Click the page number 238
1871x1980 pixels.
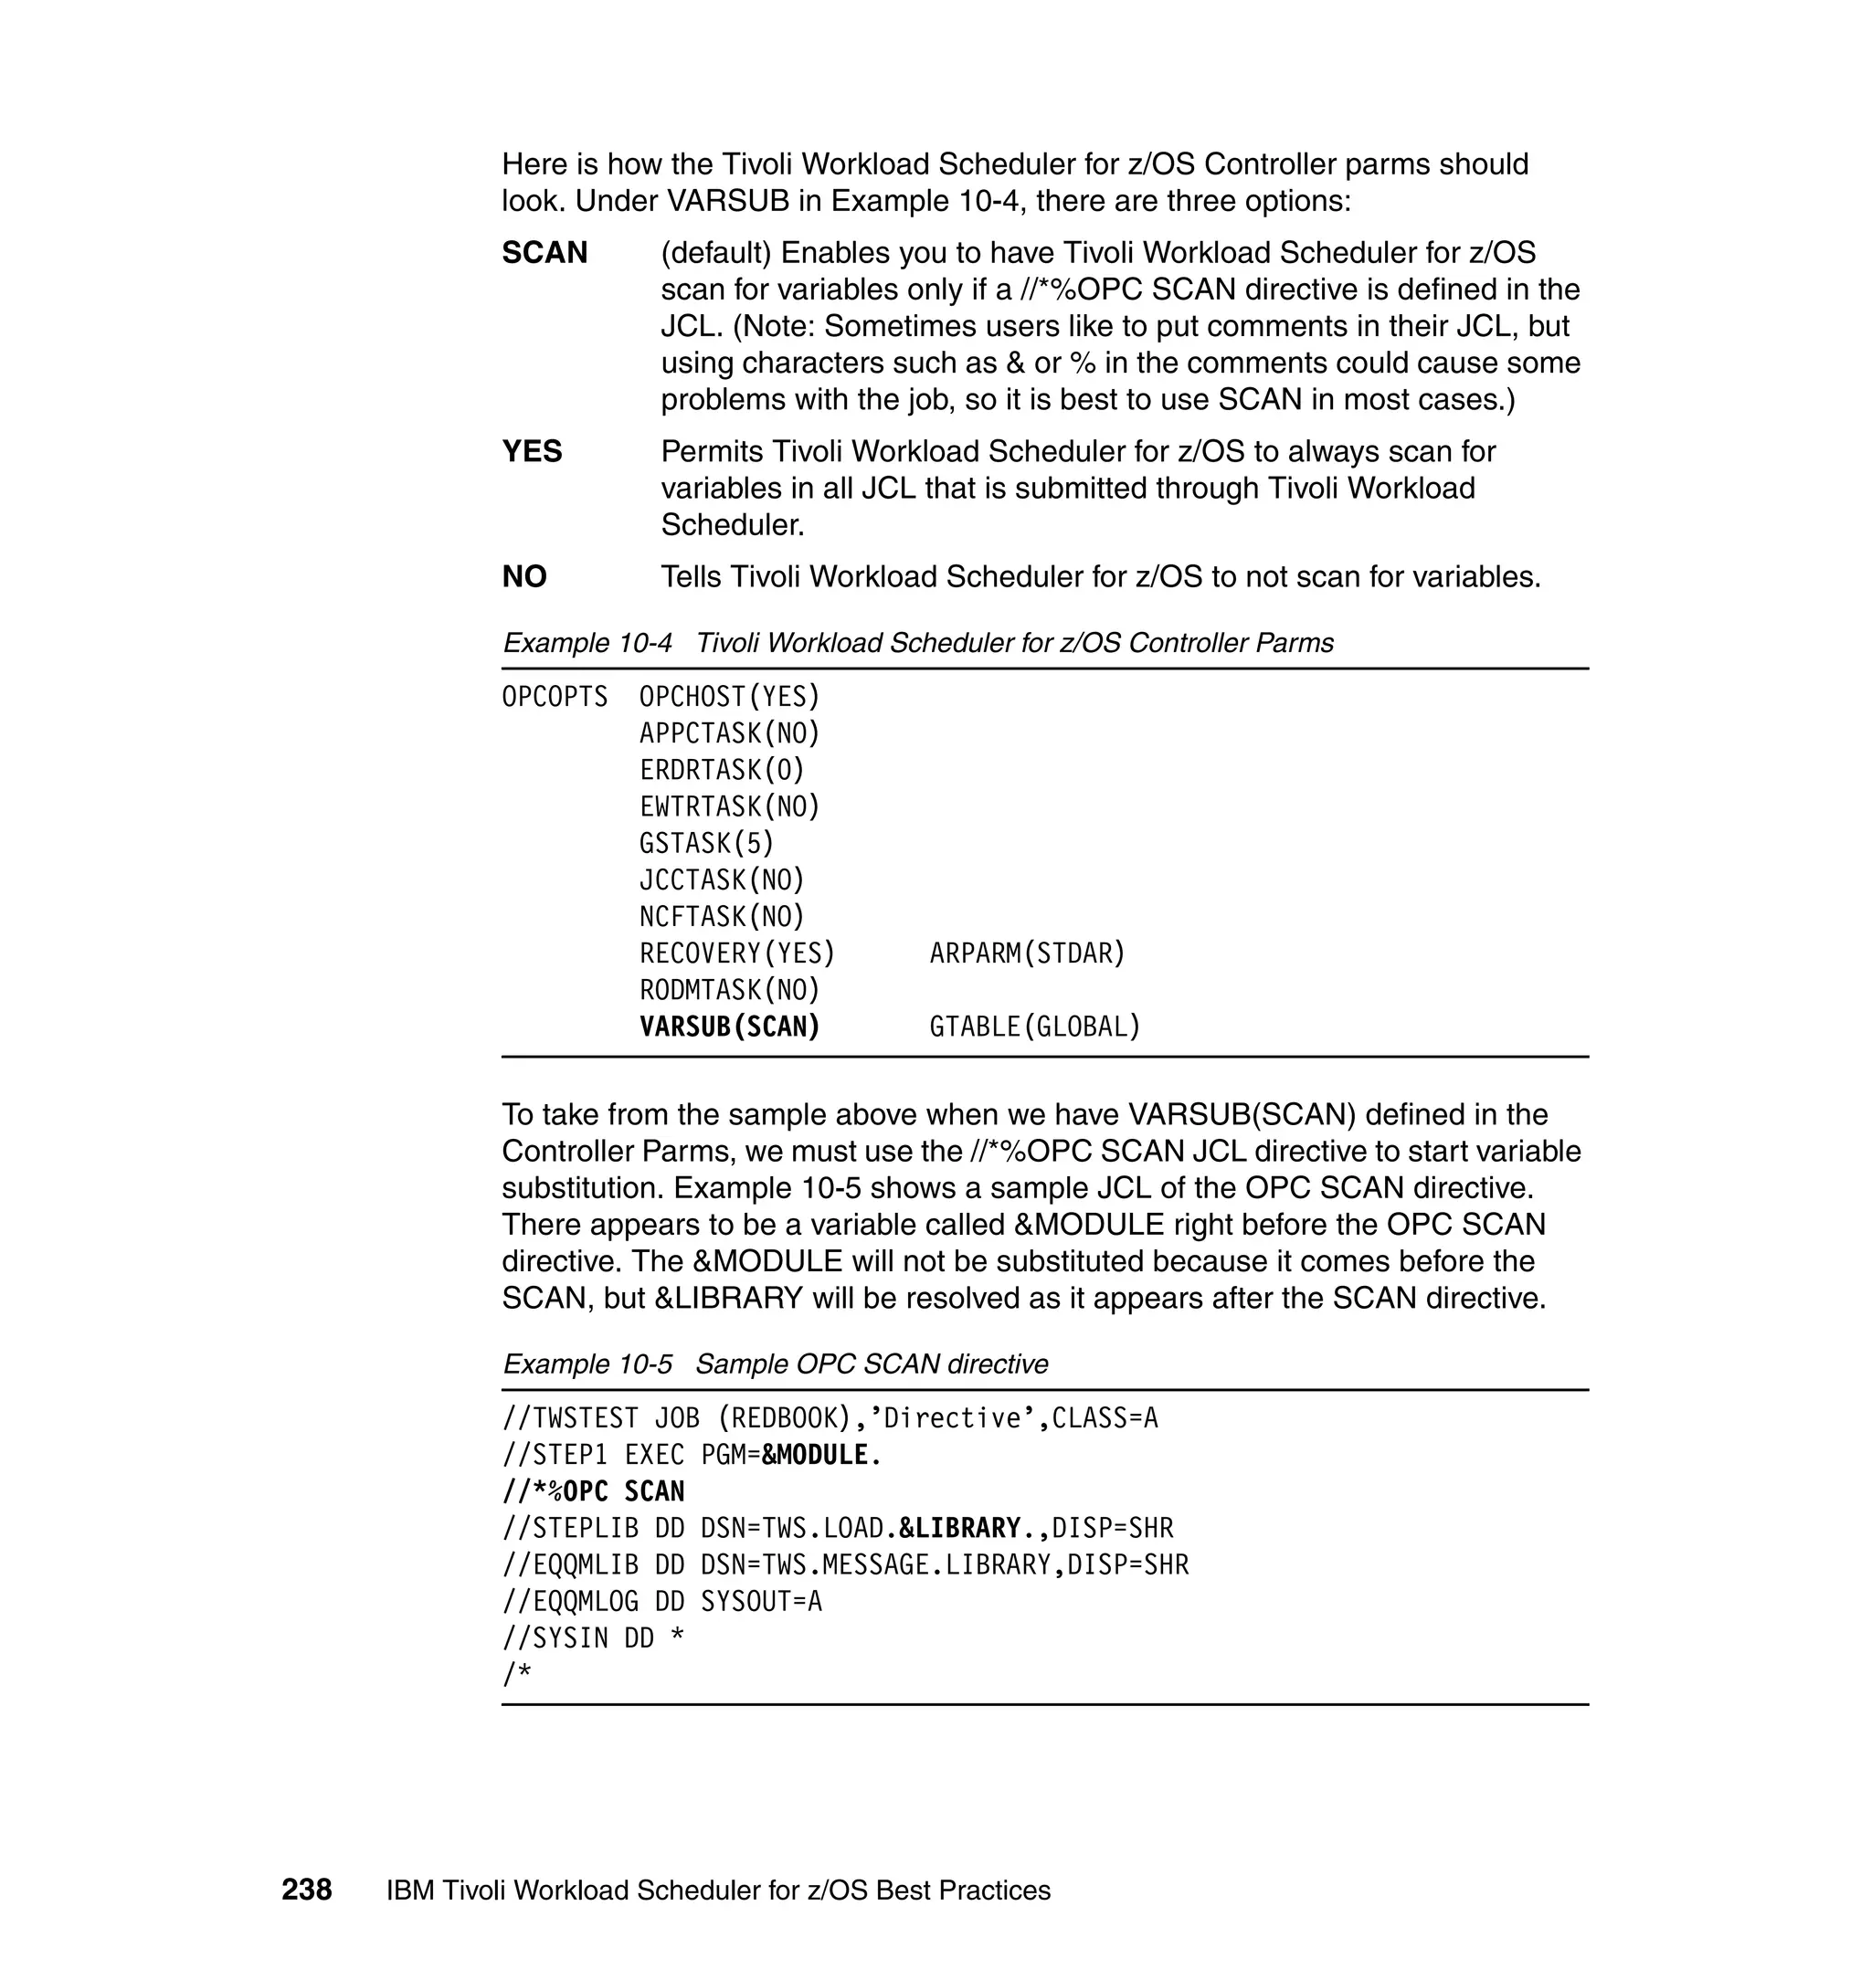click(x=306, y=1890)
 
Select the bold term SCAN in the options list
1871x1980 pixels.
click(x=544, y=253)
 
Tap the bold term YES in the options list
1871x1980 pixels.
click(x=532, y=452)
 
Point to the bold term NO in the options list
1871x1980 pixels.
click(x=524, y=577)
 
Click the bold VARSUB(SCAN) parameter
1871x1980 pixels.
click(x=729, y=1026)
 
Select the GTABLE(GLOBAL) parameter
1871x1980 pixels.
click(x=1034, y=1026)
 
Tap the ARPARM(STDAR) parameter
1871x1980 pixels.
click(x=1027, y=953)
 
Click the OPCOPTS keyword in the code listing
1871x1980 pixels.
click(x=555, y=697)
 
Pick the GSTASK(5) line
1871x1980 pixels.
click(x=706, y=844)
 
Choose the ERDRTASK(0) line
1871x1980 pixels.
click(x=722, y=770)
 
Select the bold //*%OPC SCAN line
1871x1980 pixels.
click(x=594, y=1491)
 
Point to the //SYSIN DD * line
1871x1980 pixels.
click(x=594, y=1638)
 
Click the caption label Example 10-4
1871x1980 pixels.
click(x=587, y=643)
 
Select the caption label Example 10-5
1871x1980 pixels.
click(x=587, y=1364)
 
